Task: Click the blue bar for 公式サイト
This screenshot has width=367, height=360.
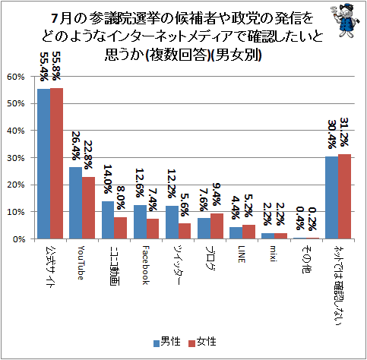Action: pos(44,164)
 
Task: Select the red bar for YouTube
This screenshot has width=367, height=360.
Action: pos(88,208)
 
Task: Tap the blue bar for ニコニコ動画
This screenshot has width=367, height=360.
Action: pos(108,220)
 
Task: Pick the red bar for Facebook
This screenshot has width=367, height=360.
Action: pos(153,229)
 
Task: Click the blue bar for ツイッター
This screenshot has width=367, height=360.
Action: pos(172,223)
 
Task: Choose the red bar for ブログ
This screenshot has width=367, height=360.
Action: pos(217,226)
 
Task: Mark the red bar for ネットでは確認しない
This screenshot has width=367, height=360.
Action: pos(344,197)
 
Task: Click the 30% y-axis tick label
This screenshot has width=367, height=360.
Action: pos(16,158)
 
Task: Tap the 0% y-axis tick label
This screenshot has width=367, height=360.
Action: pos(19,239)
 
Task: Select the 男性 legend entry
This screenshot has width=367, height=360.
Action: pos(167,342)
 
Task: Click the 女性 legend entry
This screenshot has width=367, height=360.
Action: pos(202,342)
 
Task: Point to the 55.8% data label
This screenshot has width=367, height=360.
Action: pos(56,66)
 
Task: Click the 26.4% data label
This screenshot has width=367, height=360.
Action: pos(76,146)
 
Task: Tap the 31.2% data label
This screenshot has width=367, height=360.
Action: pos(344,132)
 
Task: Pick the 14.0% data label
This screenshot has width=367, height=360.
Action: pos(107,179)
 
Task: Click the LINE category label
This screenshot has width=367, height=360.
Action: pos(241,254)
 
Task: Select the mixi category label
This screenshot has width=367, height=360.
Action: pos(273,254)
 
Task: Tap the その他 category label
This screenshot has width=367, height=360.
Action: pos(306,260)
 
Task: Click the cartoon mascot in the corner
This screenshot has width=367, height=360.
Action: pos(345,21)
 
